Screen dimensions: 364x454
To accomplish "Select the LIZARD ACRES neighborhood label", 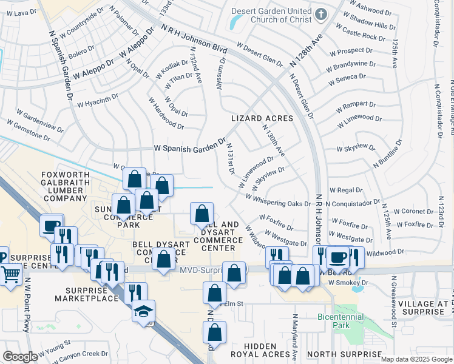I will click(x=262, y=118).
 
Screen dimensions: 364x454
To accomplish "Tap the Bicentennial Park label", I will click(x=340, y=321).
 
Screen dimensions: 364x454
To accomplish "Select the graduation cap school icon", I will click(x=143, y=312).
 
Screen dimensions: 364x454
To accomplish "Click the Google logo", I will click(x=20, y=356).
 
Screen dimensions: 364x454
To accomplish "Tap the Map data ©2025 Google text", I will click(x=416, y=359).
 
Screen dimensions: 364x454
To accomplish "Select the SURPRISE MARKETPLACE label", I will click(x=86, y=293).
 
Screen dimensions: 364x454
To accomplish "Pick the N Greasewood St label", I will click(x=394, y=302).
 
